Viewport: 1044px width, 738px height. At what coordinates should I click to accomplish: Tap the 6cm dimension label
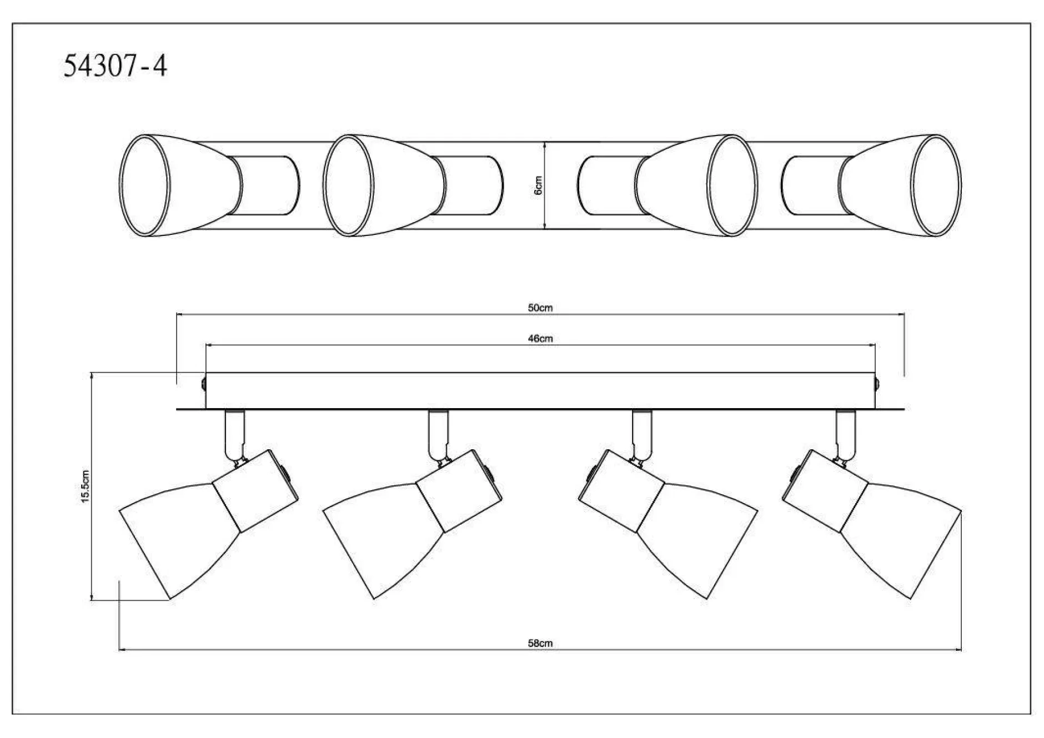[538, 185]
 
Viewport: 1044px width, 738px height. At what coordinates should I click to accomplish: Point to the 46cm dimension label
[540, 339]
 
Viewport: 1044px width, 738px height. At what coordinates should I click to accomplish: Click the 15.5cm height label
[86, 486]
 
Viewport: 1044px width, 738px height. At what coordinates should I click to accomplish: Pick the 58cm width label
[540, 644]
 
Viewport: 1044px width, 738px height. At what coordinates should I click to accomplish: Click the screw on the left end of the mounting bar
[203, 383]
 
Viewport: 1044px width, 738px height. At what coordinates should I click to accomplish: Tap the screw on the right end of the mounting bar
[877, 383]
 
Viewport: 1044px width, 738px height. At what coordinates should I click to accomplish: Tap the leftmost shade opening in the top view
[145, 185]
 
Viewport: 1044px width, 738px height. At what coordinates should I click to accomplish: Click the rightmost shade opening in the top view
[936, 185]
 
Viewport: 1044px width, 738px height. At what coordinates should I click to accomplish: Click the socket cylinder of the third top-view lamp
[608, 185]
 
